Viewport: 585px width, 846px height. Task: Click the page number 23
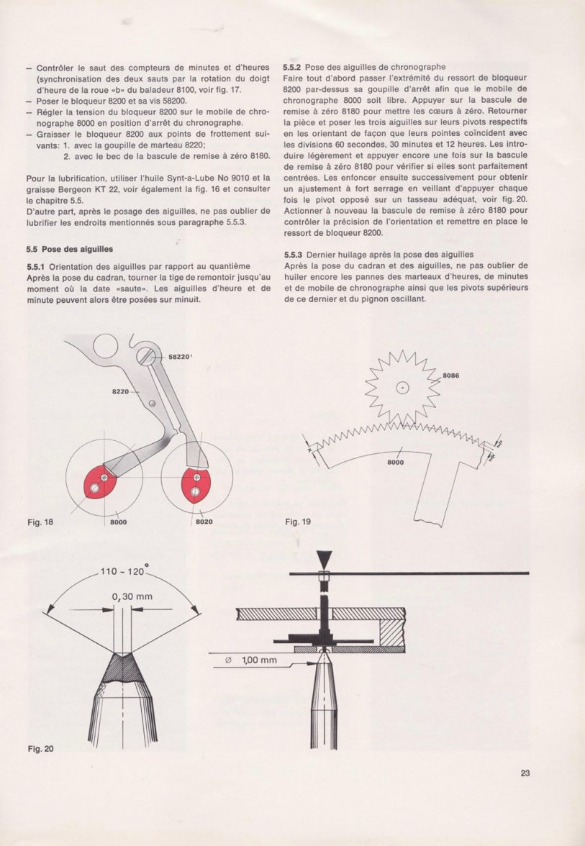click(525, 774)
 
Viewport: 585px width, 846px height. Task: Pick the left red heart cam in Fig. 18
click(101, 481)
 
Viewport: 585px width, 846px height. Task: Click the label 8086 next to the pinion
click(451, 376)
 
